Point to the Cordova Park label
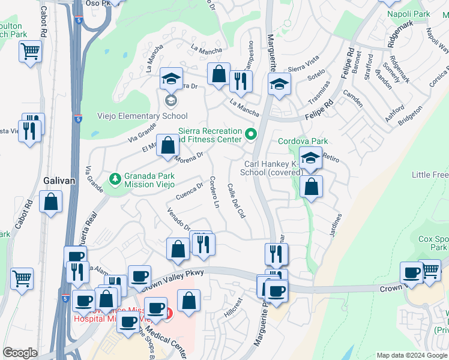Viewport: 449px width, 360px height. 303,142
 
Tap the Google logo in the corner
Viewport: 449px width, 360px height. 20,353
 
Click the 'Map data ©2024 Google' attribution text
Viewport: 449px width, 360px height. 411,355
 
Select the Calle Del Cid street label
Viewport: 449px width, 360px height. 237,201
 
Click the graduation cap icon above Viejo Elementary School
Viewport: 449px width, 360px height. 171,79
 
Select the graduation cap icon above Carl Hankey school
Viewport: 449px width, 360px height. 310,157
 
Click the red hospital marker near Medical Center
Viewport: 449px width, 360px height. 169,313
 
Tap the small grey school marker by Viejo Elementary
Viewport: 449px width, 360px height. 171,100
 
